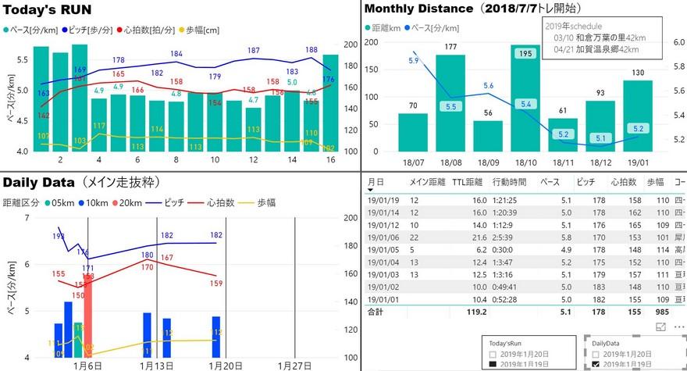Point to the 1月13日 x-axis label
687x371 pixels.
155,366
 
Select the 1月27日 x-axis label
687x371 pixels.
294,366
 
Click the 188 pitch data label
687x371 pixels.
311,50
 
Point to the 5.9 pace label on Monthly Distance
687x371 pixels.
413,60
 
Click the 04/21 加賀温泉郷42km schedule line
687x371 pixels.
596,48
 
